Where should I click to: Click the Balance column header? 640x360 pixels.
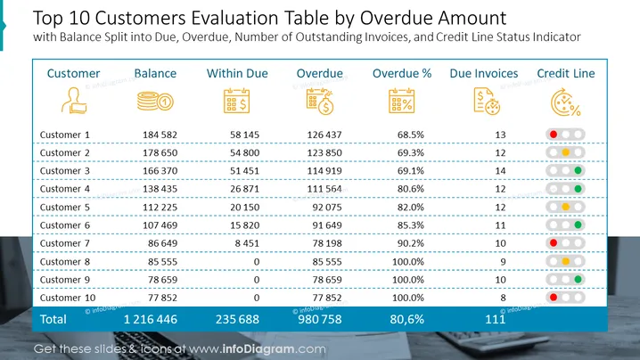[x=155, y=73]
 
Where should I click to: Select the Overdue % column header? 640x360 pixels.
[x=402, y=73]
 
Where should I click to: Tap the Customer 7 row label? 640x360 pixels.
[x=64, y=243]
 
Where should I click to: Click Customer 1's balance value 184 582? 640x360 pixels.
[x=160, y=135]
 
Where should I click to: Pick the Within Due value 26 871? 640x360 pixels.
[x=244, y=189]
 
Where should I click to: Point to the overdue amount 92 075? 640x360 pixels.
[x=327, y=208]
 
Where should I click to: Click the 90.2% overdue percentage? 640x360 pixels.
[x=411, y=243]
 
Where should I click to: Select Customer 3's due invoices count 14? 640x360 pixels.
[x=500, y=171]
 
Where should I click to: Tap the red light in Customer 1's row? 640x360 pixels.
[x=554, y=135]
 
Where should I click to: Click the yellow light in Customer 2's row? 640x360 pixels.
[x=566, y=152]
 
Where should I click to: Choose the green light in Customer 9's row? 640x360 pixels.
[x=578, y=280]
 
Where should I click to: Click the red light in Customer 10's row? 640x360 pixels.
[x=554, y=298]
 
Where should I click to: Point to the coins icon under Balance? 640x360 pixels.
[x=155, y=102]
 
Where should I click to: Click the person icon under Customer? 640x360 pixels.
[x=74, y=101]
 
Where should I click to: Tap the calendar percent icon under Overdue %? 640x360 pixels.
[x=402, y=101]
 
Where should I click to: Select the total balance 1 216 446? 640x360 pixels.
[x=151, y=319]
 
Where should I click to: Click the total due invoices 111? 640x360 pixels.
[x=495, y=319]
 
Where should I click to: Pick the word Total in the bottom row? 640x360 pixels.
[x=53, y=319]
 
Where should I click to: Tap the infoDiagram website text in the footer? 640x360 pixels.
[x=257, y=349]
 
